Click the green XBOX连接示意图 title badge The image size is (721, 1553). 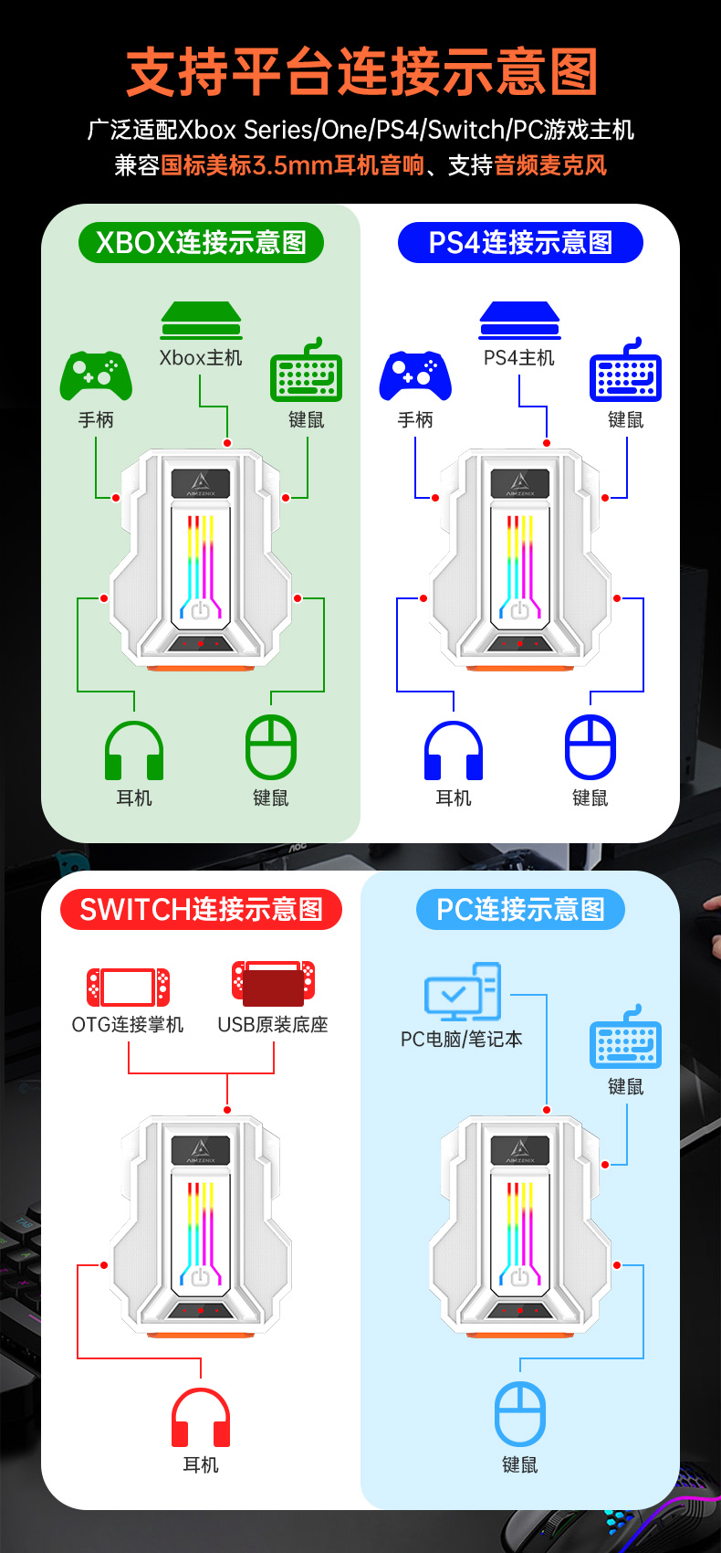point(201,243)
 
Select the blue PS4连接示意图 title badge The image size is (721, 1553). point(520,243)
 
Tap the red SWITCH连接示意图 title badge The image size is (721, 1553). point(201,910)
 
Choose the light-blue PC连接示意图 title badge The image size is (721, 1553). point(520,910)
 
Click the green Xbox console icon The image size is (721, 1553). point(201,321)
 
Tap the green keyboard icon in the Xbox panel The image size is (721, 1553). point(307,373)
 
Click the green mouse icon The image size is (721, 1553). point(271,747)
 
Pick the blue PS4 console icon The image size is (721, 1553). point(519,321)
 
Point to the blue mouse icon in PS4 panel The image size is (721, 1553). point(590,747)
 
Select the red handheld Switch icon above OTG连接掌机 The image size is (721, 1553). point(128,988)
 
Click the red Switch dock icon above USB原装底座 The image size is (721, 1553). point(273,983)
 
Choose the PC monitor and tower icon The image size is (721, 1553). point(463,992)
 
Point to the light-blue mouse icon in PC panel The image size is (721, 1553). point(520,1414)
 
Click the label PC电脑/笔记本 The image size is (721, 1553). point(462,1040)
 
